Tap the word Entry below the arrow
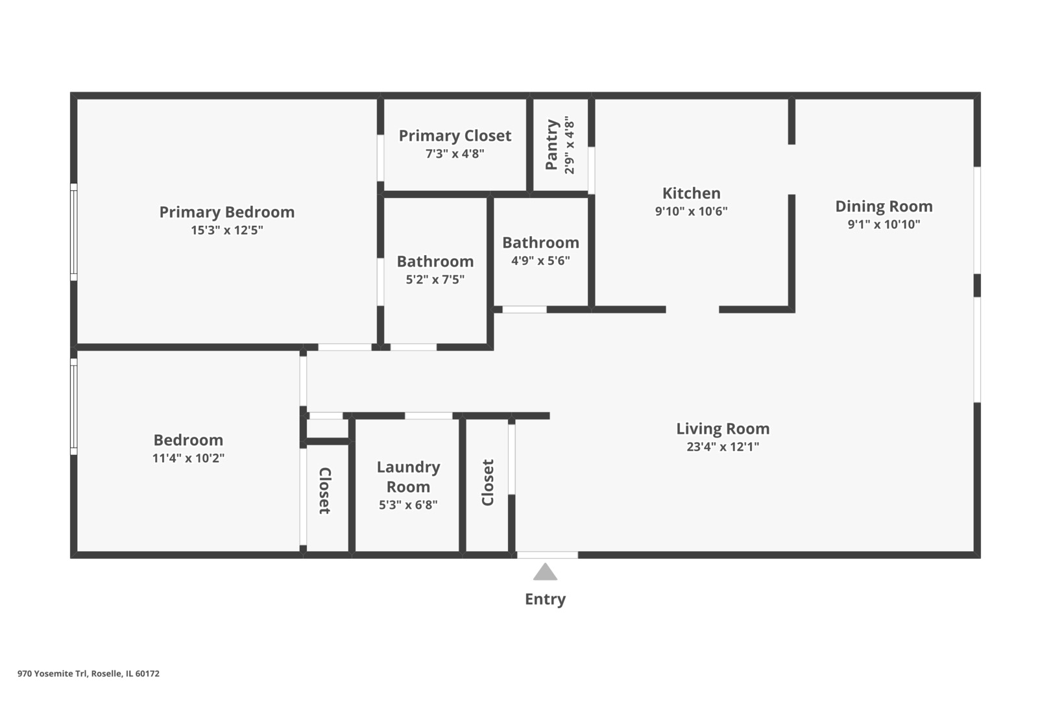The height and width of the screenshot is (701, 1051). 545,599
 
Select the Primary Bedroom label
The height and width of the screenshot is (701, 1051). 227,212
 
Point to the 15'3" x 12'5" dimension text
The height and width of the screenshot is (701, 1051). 227,230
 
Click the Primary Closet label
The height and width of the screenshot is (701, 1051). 455,136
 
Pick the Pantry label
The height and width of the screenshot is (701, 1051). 551,145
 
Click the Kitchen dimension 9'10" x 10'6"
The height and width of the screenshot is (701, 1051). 691,212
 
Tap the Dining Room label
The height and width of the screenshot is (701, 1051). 884,206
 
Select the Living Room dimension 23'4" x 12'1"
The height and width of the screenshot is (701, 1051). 723,447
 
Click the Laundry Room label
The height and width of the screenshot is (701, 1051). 408,476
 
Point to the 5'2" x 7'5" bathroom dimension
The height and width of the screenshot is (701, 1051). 435,280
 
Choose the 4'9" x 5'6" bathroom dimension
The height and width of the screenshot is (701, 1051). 540,260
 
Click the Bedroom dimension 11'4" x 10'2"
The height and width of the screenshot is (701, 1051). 188,458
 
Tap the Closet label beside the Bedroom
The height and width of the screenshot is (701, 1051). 324,491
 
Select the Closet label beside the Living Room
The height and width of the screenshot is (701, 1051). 488,483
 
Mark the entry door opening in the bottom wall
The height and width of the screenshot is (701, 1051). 547,555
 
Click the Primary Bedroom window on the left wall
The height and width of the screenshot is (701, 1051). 74,232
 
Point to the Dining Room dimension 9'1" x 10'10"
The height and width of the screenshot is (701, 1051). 884,225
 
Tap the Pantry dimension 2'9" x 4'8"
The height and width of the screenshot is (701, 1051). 569,145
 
